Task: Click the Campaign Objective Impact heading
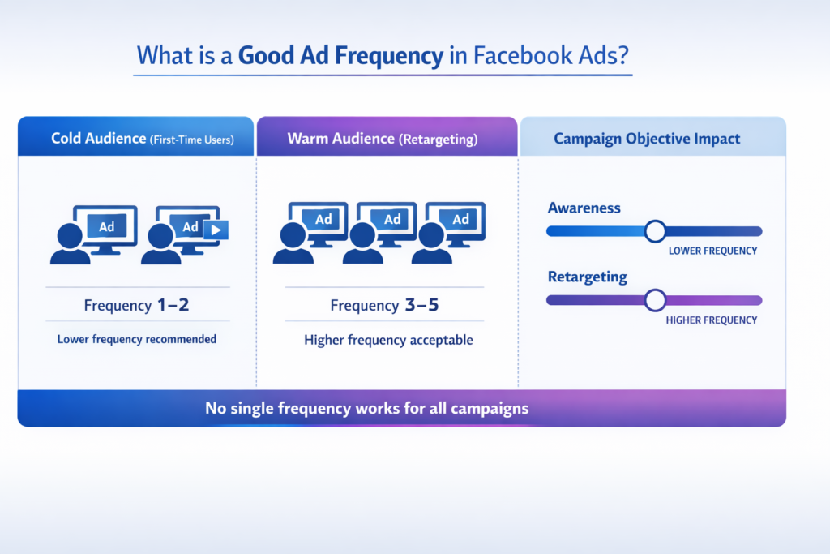(x=647, y=139)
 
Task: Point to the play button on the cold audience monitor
(x=215, y=230)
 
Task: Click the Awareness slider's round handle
(x=655, y=231)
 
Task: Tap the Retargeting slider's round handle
(x=655, y=300)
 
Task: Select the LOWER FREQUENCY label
(x=712, y=251)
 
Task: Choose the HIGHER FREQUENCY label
(x=711, y=320)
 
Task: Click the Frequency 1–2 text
(x=137, y=306)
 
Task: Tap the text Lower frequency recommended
(x=137, y=339)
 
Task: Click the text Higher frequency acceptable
(x=388, y=340)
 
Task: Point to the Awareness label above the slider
(x=584, y=208)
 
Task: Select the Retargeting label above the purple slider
(x=587, y=277)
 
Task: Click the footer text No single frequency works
(x=366, y=408)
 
